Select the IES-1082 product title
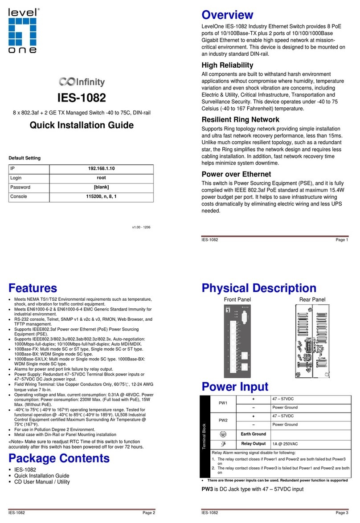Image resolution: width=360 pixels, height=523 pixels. (x=82, y=98)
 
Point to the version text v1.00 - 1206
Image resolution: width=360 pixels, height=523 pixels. (x=141, y=227)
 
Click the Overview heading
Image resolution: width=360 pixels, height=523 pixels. (x=228, y=15)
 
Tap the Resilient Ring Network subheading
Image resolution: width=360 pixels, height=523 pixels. (x=241, y=119)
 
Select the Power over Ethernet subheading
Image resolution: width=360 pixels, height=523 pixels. (x=236, y=174)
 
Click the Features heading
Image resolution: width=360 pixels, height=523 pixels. (x=33, y=288)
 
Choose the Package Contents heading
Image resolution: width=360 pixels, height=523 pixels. (x=59, y=458)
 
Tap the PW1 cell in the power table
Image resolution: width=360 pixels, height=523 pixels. (x=223, y=403)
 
